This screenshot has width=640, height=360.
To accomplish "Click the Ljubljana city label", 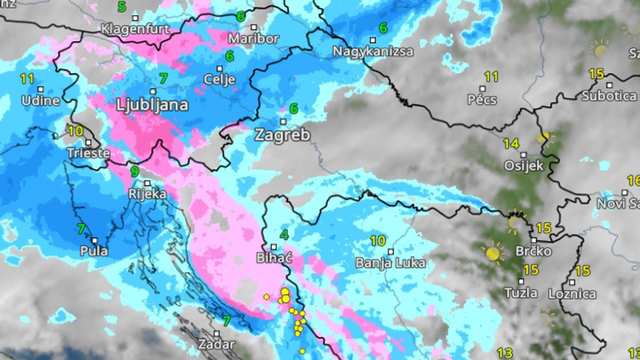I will tap(153, 105).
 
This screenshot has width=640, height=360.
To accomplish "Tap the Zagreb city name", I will tap(282, 135).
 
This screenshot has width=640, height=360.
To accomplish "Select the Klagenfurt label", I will tap(135, 28).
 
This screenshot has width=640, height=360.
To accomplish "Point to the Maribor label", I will tap(254, 38).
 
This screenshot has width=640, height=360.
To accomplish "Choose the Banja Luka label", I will tap(390, 263).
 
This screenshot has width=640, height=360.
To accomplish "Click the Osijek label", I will tap(524, 166).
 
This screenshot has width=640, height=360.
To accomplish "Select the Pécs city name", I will tap(482, 100).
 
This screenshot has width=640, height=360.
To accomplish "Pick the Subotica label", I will tap(609, 96).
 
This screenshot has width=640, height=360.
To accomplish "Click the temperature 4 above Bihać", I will tap(284, 235).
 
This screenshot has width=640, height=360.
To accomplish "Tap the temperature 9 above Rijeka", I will tap(134, 172).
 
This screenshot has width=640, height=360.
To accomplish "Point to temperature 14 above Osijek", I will tap(511, 143).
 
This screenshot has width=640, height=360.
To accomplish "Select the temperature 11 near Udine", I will tap(27, 79).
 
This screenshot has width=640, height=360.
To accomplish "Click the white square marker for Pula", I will tap(94, 241).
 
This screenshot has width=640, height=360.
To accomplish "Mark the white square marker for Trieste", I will tap(89, 142).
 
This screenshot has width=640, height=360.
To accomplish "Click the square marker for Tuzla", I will tap(521, 281).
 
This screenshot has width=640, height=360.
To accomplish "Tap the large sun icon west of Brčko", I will tap(492, 253).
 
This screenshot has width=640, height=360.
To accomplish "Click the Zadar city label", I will tap(216, 344).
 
